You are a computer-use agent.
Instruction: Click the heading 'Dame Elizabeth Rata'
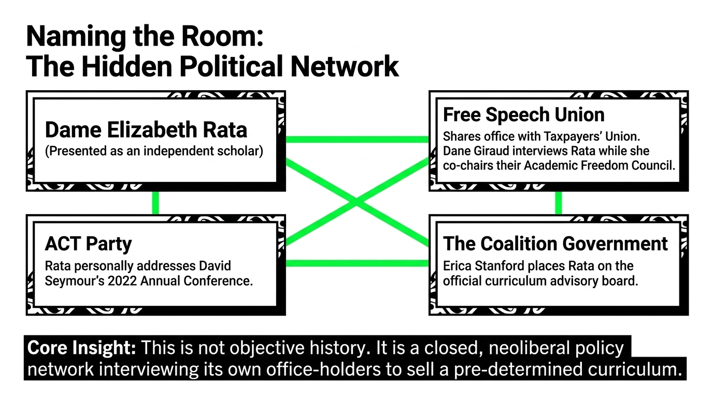click(146, 130)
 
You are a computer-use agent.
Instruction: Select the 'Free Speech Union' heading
click(523, 115)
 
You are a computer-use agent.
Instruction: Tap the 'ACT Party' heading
click(88, 244)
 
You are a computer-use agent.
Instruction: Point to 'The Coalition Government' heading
click(555, 244)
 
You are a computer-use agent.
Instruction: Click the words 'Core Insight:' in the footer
click(82, 348)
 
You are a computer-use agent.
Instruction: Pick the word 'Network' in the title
click(345, 66)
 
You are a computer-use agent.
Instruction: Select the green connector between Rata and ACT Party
click(155, 203)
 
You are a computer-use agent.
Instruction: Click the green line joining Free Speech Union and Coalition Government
click(558, 203)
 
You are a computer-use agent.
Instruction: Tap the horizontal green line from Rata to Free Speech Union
click(357, 139)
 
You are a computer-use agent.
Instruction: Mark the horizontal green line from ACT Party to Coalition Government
click(357, 263)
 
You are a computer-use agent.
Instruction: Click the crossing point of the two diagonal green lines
click(357, 202)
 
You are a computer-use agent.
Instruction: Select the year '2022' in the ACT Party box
click(122, 281)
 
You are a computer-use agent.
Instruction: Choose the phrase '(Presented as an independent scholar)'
click(154, 151)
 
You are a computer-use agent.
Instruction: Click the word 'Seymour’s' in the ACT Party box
click(74, 281)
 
